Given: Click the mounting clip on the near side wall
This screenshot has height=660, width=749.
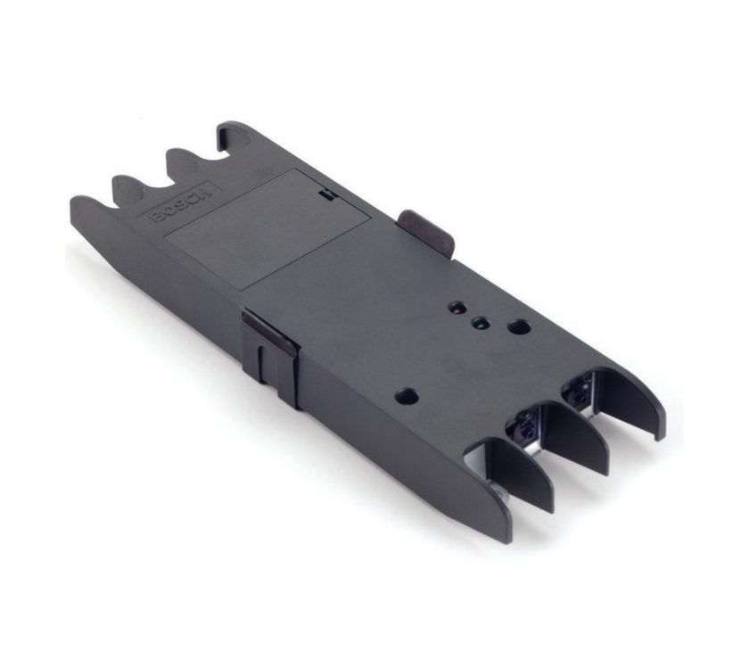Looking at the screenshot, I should pos(270,352).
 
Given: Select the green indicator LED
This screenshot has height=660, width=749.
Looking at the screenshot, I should pos(481,323).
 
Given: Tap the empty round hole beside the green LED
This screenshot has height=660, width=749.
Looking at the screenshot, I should pos(518,327).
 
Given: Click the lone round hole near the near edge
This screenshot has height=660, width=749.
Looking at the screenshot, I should pos(406,397).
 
